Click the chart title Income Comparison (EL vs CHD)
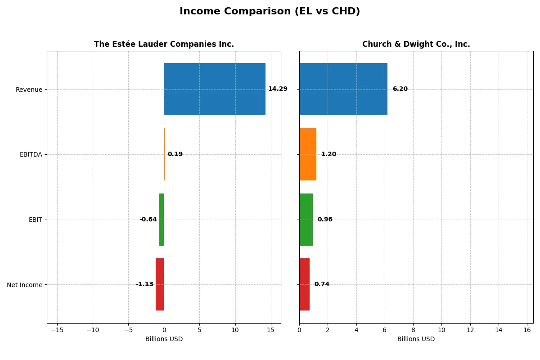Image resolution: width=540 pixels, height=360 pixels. pos(270,12)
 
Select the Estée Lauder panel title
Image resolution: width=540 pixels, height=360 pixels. pos(164,44)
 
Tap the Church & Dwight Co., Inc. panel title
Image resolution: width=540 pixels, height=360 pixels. pos(416,44)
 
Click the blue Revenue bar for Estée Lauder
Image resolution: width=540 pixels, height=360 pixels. pos(215,89)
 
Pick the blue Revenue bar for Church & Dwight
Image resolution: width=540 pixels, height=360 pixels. pos(343,89)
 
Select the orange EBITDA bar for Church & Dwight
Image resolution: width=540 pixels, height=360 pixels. pos(308,154)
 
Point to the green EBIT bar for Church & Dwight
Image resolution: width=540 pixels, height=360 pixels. pos(306,220)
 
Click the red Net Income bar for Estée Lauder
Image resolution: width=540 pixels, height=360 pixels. pos(160,284)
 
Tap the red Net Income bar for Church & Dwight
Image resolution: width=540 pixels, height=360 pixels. pos(304,284)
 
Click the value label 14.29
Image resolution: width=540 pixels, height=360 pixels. pos(278,89)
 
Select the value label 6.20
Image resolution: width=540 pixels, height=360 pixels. pos(400,89)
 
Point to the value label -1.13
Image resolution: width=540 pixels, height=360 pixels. pos(144,284)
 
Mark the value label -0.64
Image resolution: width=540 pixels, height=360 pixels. pos(148,220)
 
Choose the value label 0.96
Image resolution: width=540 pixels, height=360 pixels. pos(325,220)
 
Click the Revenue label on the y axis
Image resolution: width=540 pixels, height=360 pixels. pos(29,90)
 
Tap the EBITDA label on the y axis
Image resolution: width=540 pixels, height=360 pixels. pos(31,154)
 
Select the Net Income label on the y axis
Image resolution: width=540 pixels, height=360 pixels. pos(25,285)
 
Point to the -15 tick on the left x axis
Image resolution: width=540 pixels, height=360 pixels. pos(57,330)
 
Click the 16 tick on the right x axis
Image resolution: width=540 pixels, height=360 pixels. pos(527,330)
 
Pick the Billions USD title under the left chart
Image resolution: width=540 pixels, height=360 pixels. pos(164,339)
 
